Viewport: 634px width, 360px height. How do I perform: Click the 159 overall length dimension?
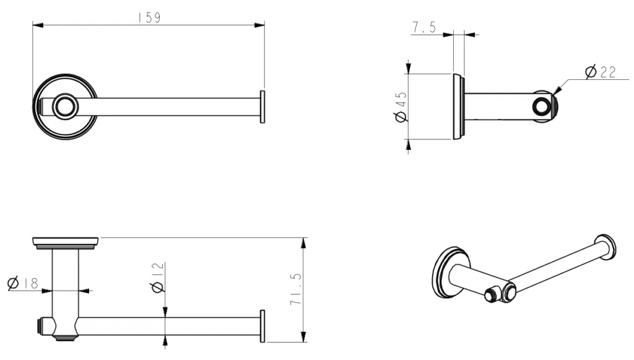pyautogui.click(x=149, y=17)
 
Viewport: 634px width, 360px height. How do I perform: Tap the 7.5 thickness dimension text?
pyautogui.click(x=423, y=27)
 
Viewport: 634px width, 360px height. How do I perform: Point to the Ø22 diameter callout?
pyautogui.click(x=599, y=72)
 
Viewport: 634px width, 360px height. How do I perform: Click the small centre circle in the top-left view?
pyautogui.click(x=64, y=107)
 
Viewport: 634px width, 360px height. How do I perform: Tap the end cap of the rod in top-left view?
pyautogui.click(x=263, y=107)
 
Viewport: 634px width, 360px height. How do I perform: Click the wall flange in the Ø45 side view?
pyautogui.click(x=458, y=107)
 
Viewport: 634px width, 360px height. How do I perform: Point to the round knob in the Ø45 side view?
pyautogui.click(x=543, y=107)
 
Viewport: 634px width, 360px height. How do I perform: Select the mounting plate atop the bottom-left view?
pyautogui.click(x=66, y=242)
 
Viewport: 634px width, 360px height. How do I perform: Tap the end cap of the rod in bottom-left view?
pyautogui.click(x=263, y=326)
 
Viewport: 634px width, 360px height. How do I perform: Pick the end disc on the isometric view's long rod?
pyautogui.click(x=605, y=246)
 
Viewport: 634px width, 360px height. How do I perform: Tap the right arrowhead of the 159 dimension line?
pyautogui.click(x=261, y=25)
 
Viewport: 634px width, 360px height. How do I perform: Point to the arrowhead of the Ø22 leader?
pyautogui.click(x=555, y=92)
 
